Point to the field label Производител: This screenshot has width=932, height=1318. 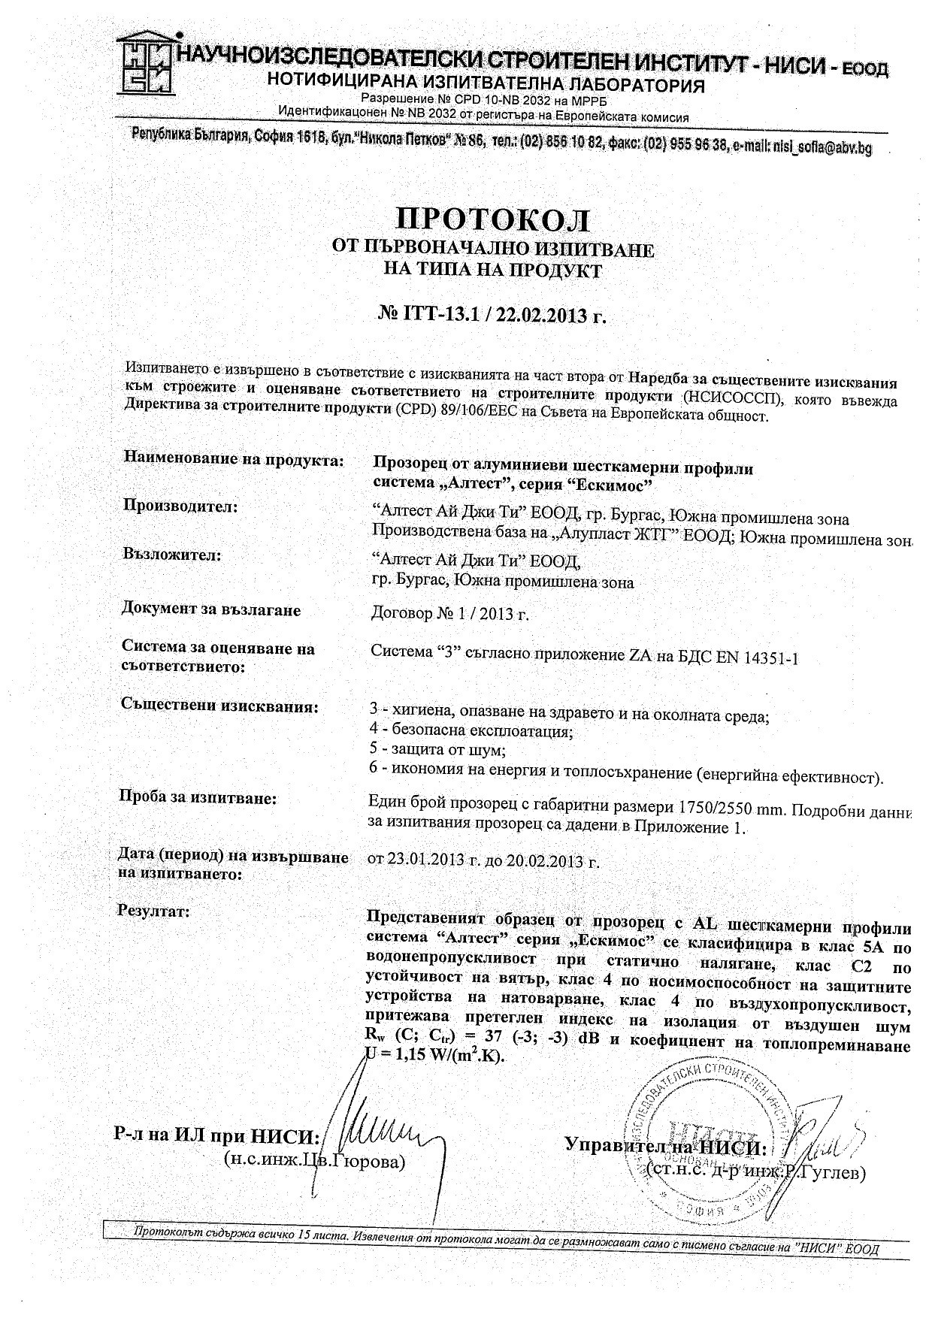pyautogui.click(x=180, y=506)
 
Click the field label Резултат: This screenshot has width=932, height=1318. pyautogui.click(x=154, y=911)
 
